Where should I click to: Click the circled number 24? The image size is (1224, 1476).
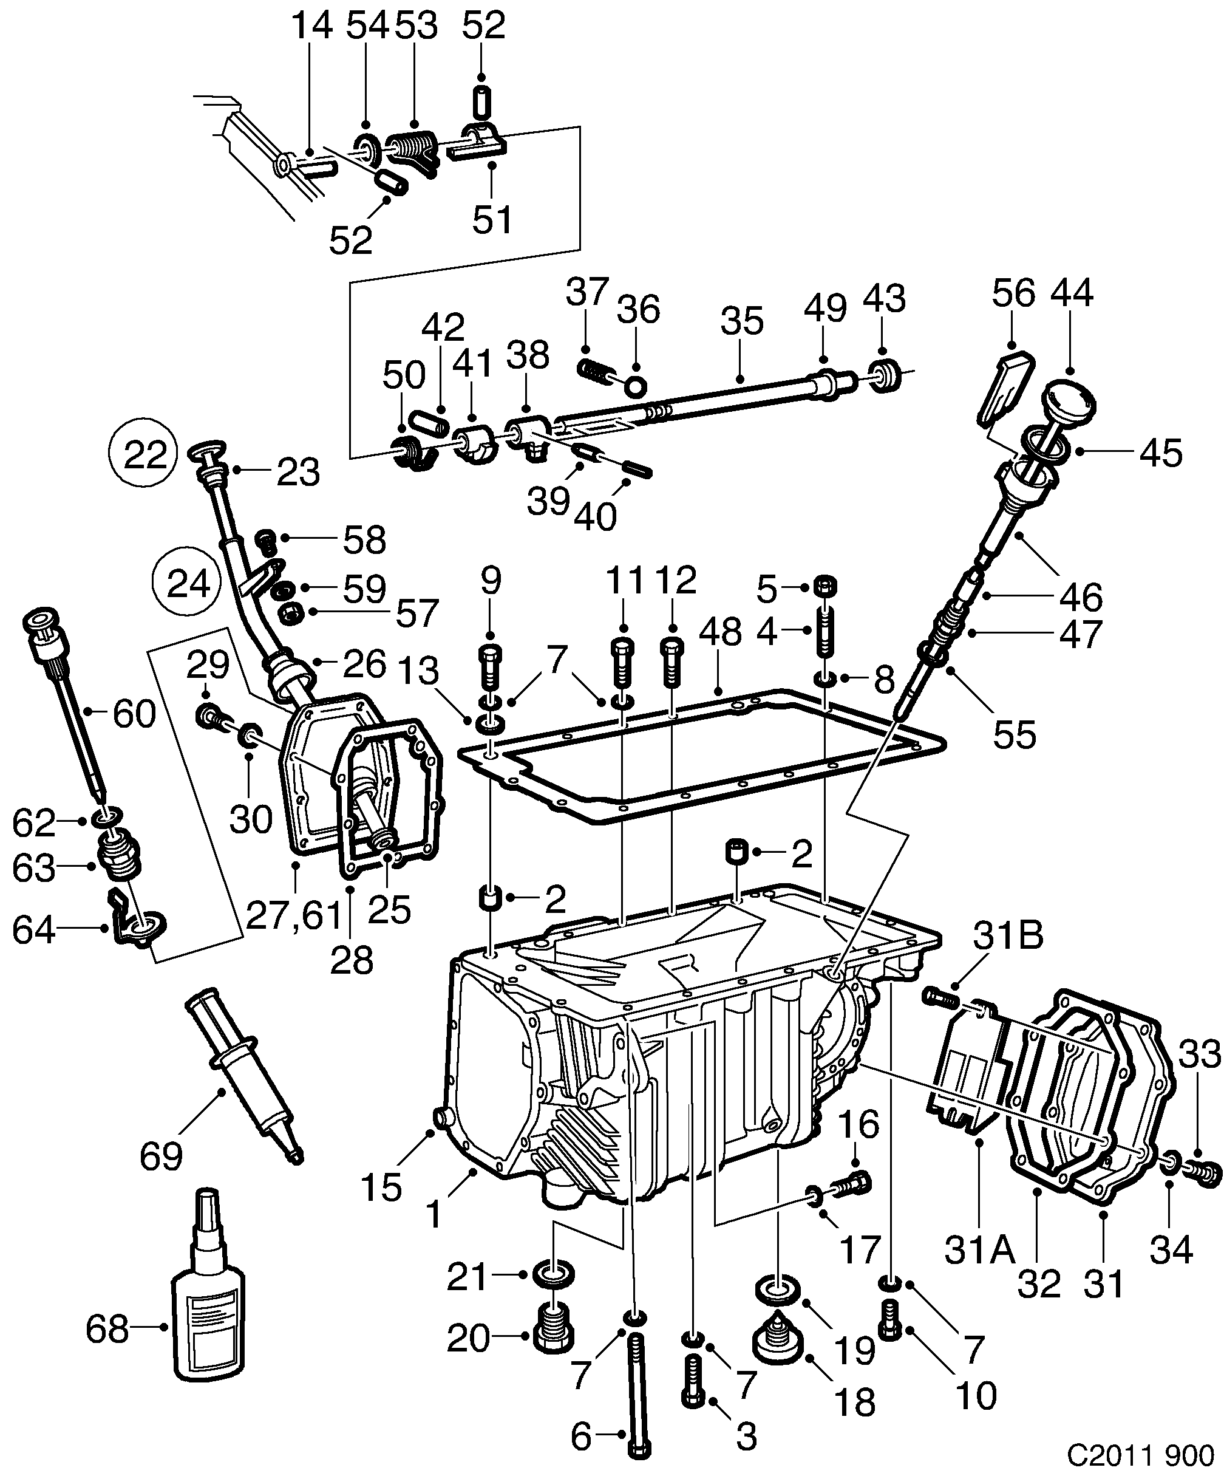(x=188, y=583)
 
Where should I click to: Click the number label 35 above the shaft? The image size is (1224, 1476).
(x=741, y=321)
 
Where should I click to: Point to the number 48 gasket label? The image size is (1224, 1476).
(x=720, y=632)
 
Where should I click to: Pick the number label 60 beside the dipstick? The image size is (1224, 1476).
(x=134, y=715)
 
